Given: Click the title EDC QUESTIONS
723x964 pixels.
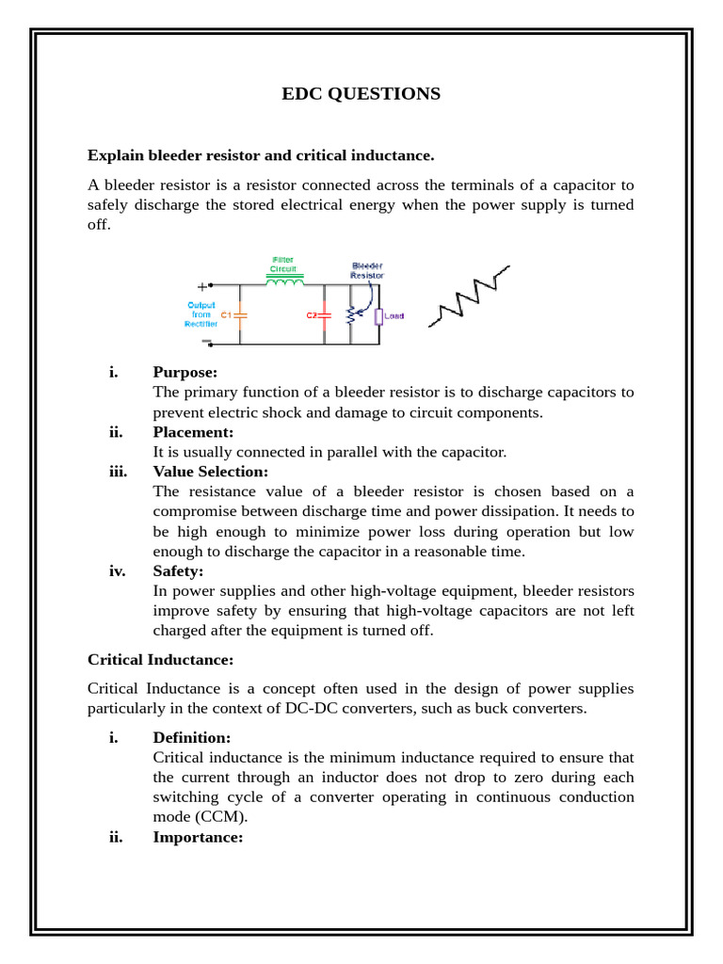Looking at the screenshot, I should [361, 94].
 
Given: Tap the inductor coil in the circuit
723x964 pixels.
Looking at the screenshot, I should [285, 281].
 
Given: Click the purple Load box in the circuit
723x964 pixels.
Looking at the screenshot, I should [379, 316].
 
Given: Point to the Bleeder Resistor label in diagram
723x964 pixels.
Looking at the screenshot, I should [367, 270].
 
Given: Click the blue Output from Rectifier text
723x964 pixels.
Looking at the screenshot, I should [201, 314].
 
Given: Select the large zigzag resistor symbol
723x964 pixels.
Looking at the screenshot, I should [470, 297].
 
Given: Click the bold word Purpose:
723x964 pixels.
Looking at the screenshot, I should [185, 372].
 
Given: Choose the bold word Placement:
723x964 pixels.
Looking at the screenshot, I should [193, 432].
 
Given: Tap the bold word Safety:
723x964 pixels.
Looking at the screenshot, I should [178, 570].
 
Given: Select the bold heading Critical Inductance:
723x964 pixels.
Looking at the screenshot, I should [160, 660].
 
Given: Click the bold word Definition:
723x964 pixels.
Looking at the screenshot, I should [191, 738].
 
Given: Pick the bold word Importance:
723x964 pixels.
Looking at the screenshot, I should [198, 837].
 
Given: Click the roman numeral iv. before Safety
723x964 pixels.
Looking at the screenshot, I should [117, 570].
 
